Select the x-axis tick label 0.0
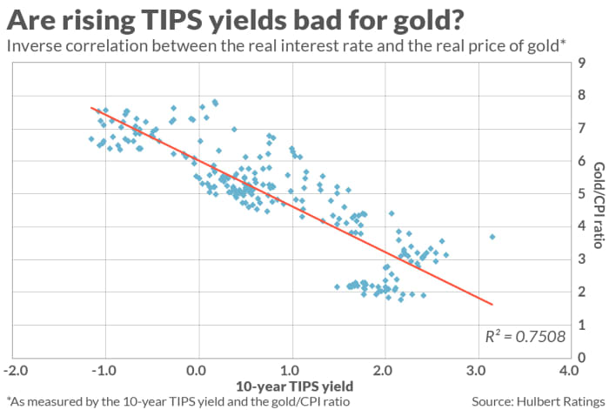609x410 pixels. [x=199, y=372]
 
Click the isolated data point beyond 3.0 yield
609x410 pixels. [x=492, y=237]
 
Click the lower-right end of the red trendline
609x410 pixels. [x=492, y=305]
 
